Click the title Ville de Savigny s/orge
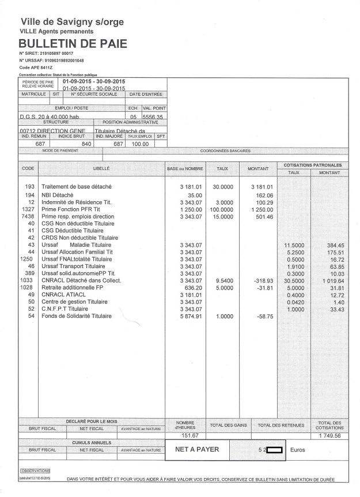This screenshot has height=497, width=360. pos(72,21)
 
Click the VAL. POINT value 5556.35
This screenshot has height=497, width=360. pos(153,116)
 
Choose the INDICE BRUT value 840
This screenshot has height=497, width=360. pos(87,144)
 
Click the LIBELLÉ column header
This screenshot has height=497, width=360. pos(101,168)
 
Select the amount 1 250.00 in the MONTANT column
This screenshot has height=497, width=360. pos(260,210)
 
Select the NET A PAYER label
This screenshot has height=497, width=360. pos(193,449)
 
